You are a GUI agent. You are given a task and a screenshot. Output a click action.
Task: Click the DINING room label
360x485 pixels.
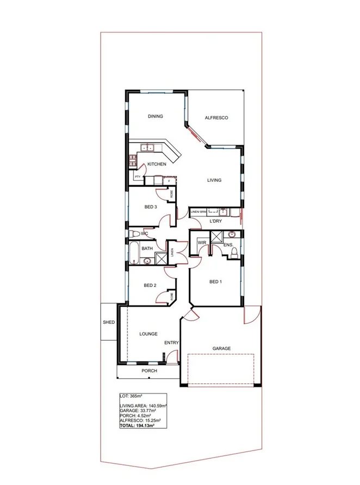point(156,116)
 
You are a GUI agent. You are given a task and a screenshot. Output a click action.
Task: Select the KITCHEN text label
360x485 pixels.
point(157,164)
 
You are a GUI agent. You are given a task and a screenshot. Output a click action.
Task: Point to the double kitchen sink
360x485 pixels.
point(148,147)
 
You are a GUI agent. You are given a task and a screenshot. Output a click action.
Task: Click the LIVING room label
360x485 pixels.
point(214,181)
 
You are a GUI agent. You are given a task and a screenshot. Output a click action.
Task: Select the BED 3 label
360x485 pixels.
point(151,207)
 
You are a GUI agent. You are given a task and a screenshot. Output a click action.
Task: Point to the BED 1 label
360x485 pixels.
point(215,281)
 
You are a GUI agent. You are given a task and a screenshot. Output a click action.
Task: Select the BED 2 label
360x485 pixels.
point(150,285)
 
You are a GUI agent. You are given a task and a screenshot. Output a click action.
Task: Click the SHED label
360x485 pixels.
point(109,322)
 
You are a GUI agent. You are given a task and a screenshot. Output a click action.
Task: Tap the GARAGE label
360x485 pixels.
point(221,348)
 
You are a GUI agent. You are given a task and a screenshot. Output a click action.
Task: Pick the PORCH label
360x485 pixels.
point(149,371)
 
